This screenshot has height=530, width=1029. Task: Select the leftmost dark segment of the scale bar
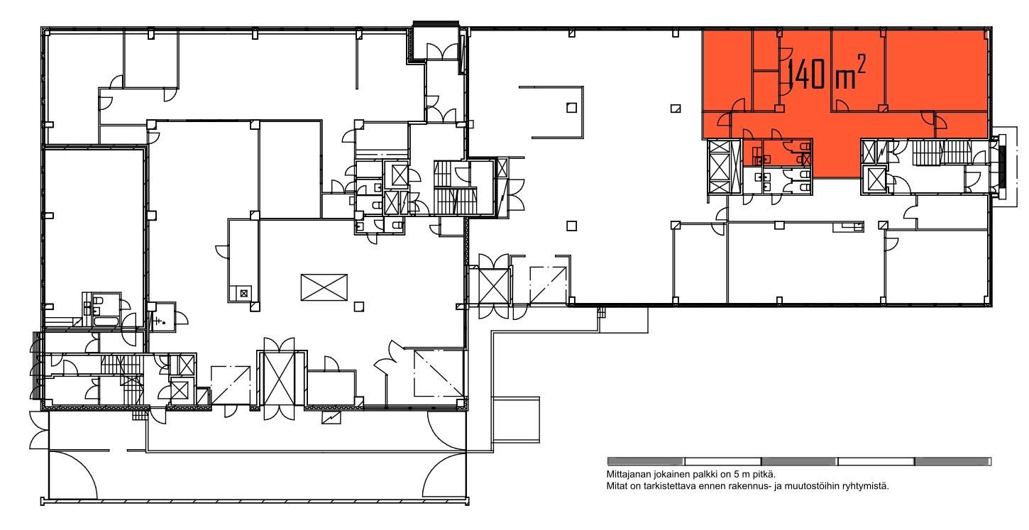pyautogui.click(x=645, y=461)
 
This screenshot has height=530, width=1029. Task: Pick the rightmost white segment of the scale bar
pyautogui.click(x=876, y=461)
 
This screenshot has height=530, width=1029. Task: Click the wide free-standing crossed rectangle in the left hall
pyautogui.click(x=324, y=287)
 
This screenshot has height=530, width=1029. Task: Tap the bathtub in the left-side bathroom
pyautogui.click(x=106, y=321)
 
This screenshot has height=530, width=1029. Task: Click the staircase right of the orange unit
pyautogui.click(x=941, y=153)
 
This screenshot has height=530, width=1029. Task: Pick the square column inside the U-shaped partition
pyautogui.click(x=571, y=107)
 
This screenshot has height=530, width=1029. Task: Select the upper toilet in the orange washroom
pyautogui.click(x=805, y=146)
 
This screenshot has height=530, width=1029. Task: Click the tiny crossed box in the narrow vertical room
pyautogui.click(x=244, y=293)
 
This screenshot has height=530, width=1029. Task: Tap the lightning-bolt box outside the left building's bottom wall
pyautogui.click(x=331, y=417)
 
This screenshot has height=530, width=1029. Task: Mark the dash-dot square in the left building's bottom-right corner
pyautogui.click(x=439, y=373)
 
